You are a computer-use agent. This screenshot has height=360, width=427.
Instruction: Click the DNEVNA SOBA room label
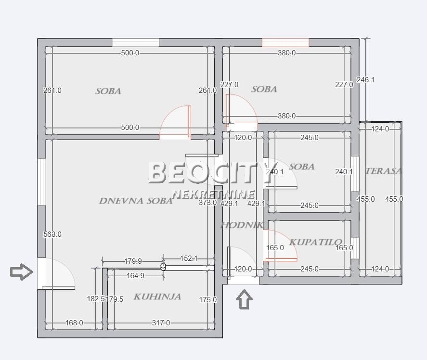(135, 201)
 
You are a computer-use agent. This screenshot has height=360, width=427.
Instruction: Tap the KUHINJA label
(157, 296)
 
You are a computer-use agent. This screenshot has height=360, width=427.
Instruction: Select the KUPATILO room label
(316, 242)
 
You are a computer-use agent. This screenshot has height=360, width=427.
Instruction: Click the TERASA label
(383, 171)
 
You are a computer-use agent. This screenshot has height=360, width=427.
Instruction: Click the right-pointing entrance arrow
(22, 272)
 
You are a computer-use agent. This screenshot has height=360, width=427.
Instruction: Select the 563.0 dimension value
(52, 234)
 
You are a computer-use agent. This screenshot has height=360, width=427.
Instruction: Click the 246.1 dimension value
(365, 80)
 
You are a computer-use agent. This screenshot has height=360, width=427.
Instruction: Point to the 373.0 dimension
(208, 203)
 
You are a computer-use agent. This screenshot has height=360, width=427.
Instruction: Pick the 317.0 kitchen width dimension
(161, 323)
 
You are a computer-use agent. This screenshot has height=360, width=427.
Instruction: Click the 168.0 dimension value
(74, 323)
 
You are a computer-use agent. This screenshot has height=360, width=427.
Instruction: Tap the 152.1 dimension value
(189, 258)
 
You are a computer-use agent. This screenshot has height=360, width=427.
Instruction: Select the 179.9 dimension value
(133, 261)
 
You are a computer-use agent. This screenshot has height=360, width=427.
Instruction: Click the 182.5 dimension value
(95, 299)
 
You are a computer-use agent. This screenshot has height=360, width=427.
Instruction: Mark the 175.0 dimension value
(208, 300)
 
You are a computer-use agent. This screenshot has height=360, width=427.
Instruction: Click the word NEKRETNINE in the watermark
(213, 194)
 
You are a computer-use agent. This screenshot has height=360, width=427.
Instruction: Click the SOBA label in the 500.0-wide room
(108, 90)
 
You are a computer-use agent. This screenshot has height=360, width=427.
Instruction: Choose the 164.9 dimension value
(135, 276)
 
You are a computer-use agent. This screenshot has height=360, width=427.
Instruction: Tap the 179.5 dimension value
(115, 299)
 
